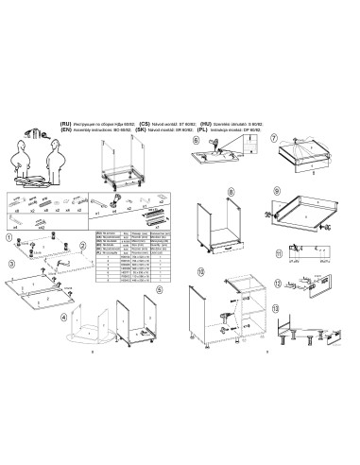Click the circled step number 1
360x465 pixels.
(x=9, y=238)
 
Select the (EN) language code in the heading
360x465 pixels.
(x=65, y=129)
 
